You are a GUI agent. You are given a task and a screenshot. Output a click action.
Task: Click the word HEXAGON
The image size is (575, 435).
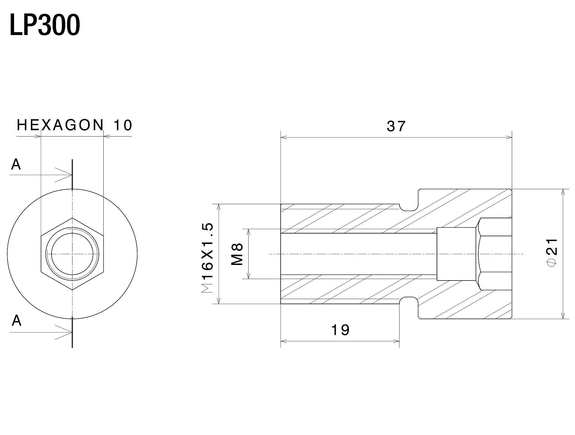tap(60, 125)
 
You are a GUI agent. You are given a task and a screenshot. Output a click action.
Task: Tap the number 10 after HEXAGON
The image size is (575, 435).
tap(122, 125)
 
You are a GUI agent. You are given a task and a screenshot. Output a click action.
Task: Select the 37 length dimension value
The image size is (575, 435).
tap(396, 126)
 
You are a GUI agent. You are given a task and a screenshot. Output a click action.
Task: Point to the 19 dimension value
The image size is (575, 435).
tap(341, 330)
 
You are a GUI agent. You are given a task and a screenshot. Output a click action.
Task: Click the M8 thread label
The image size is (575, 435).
tap(237, 254)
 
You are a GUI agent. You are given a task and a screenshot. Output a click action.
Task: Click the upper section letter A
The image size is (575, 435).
tap(16, 164)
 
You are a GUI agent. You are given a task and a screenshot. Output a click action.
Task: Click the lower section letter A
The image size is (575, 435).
tap(16, 321)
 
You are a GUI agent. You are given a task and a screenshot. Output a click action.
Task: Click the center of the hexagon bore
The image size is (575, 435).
tap(72, 254)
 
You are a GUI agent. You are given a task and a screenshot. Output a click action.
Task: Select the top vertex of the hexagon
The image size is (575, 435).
tap(72, 218)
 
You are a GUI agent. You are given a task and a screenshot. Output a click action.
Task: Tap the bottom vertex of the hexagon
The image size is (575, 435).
tap(72, 290)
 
